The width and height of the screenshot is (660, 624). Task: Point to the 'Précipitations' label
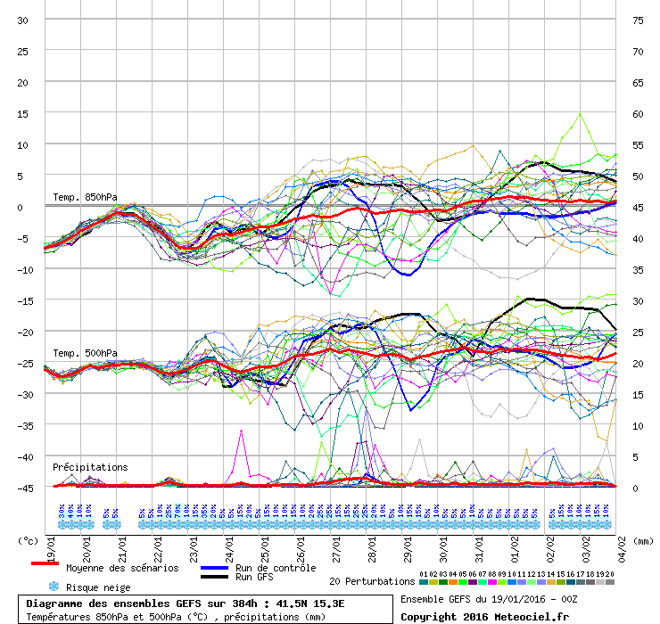(x=90, y=467)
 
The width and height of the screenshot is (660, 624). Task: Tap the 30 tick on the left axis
(x=23, y=20)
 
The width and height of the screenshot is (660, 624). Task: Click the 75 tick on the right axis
(x=637, y=20)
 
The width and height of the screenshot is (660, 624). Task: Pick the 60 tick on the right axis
(x=637, y=113)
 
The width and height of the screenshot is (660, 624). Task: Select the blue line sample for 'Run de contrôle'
(x=215, y=567)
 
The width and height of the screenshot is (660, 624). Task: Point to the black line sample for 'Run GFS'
(x=215, y=578)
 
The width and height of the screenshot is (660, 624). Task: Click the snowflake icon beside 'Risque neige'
(x=54, y=587)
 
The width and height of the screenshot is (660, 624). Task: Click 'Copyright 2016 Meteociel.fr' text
(x=484, y=616)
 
